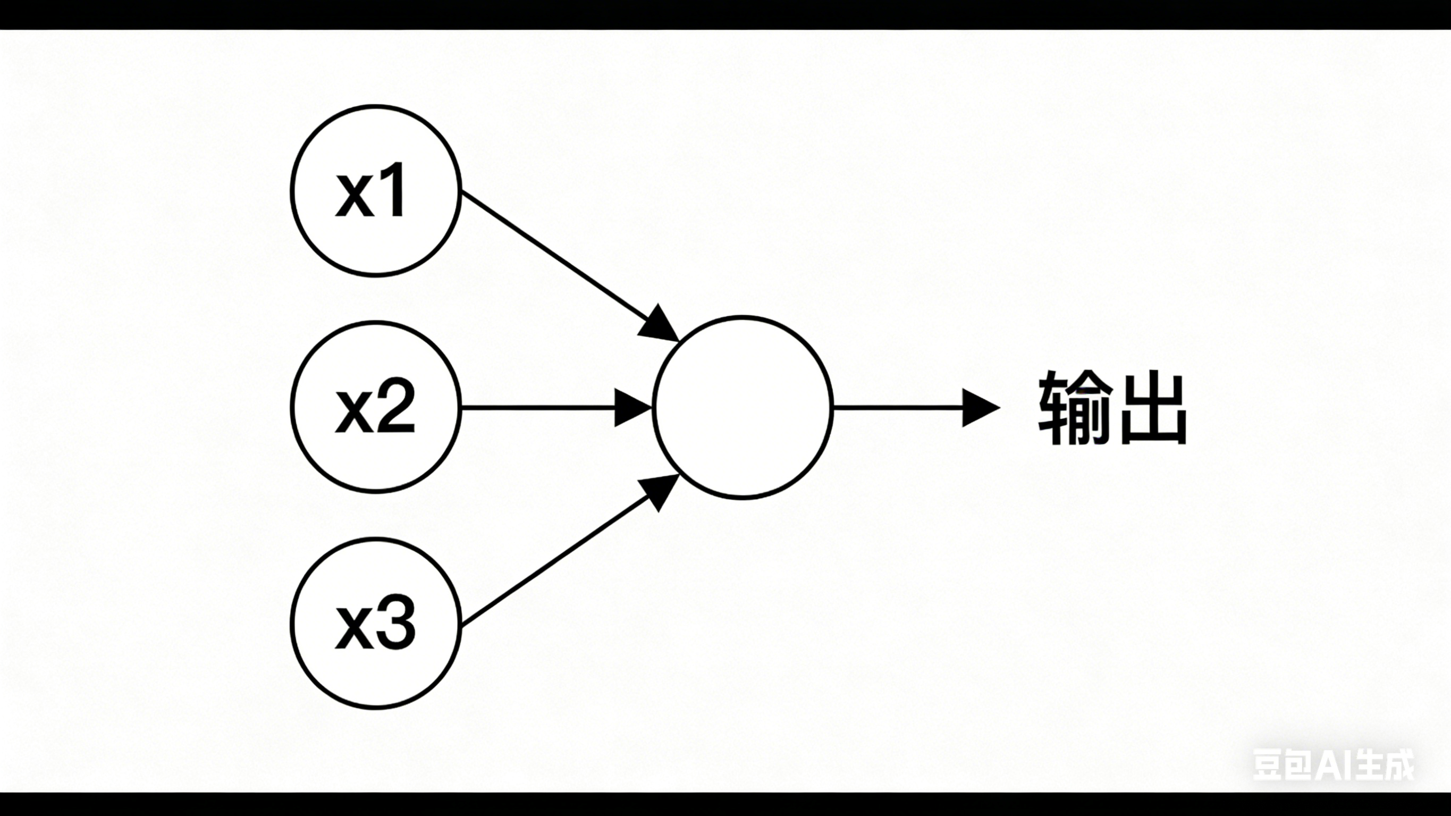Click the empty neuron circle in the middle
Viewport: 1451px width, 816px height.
[x=743, y=407]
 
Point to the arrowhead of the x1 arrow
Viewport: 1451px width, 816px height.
[x=660, y=324]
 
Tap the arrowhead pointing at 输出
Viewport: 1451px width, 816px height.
[x=979, y=407]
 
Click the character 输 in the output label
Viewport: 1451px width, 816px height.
[x=1075, y=407]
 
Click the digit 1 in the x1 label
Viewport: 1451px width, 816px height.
[x=393, y=190]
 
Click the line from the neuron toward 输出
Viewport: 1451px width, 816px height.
[x=896, y=407]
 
